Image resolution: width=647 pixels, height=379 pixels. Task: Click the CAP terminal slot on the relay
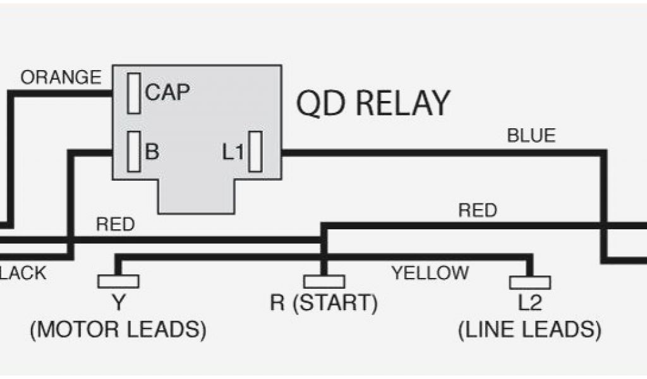click(x=133, y=93)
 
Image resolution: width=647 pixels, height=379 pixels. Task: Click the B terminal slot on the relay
click(x=133, y=152)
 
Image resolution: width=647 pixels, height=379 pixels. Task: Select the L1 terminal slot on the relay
click(x=255, y=152)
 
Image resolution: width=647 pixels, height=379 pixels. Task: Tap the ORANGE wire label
click(x=61, y=78)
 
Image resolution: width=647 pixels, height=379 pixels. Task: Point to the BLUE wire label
click(x=531, y=136)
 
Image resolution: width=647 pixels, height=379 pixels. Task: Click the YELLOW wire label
click(x=430, y=273)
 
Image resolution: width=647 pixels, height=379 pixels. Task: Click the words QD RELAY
click(x=373, y=103)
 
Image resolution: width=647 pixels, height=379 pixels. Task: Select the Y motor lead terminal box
click(x=118, y=282)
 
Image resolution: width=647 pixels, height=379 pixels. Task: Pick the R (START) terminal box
click(x=324, y=282)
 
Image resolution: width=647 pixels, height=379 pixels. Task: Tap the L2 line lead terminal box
click(x=529, y=282)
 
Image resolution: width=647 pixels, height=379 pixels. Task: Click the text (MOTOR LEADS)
click(x=118, y=330)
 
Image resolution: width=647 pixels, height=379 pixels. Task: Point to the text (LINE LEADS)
click(x=529, y=330)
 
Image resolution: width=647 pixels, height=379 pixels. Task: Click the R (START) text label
click(x=324, y=304)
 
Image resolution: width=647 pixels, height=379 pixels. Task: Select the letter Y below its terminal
click(x=118, y=304)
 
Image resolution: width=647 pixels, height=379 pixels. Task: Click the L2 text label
click(x=529, y=304)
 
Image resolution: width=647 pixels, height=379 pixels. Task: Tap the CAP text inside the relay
click(x=167, y=93)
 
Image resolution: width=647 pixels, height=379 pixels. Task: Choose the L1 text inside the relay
click(x=233, y=152)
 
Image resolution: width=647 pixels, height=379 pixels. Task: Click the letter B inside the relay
click(x=152, y=152)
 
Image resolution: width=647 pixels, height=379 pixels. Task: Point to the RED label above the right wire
click(x=478, y=210)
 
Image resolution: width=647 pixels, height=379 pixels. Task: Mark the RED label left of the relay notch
click(x=115, y=226)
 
